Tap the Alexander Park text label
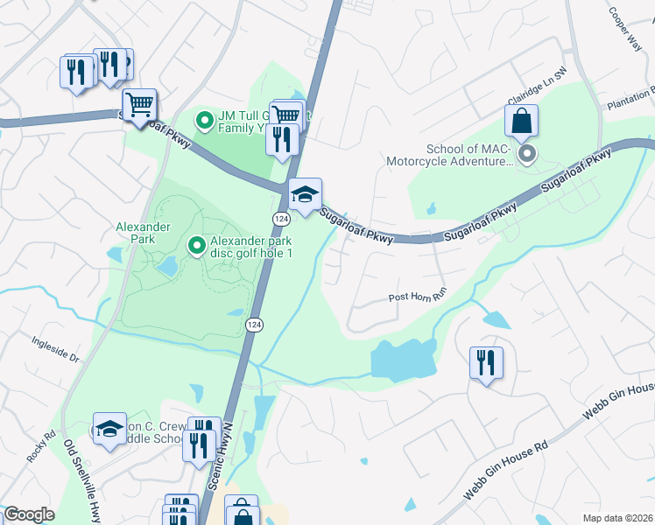136,232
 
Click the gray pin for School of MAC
526,155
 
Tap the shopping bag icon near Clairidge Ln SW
521,122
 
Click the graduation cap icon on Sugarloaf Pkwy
305,194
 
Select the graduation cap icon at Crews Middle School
109,429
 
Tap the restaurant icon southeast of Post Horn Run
486,360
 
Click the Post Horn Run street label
418,297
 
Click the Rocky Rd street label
34,444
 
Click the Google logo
29,514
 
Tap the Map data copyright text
616,518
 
